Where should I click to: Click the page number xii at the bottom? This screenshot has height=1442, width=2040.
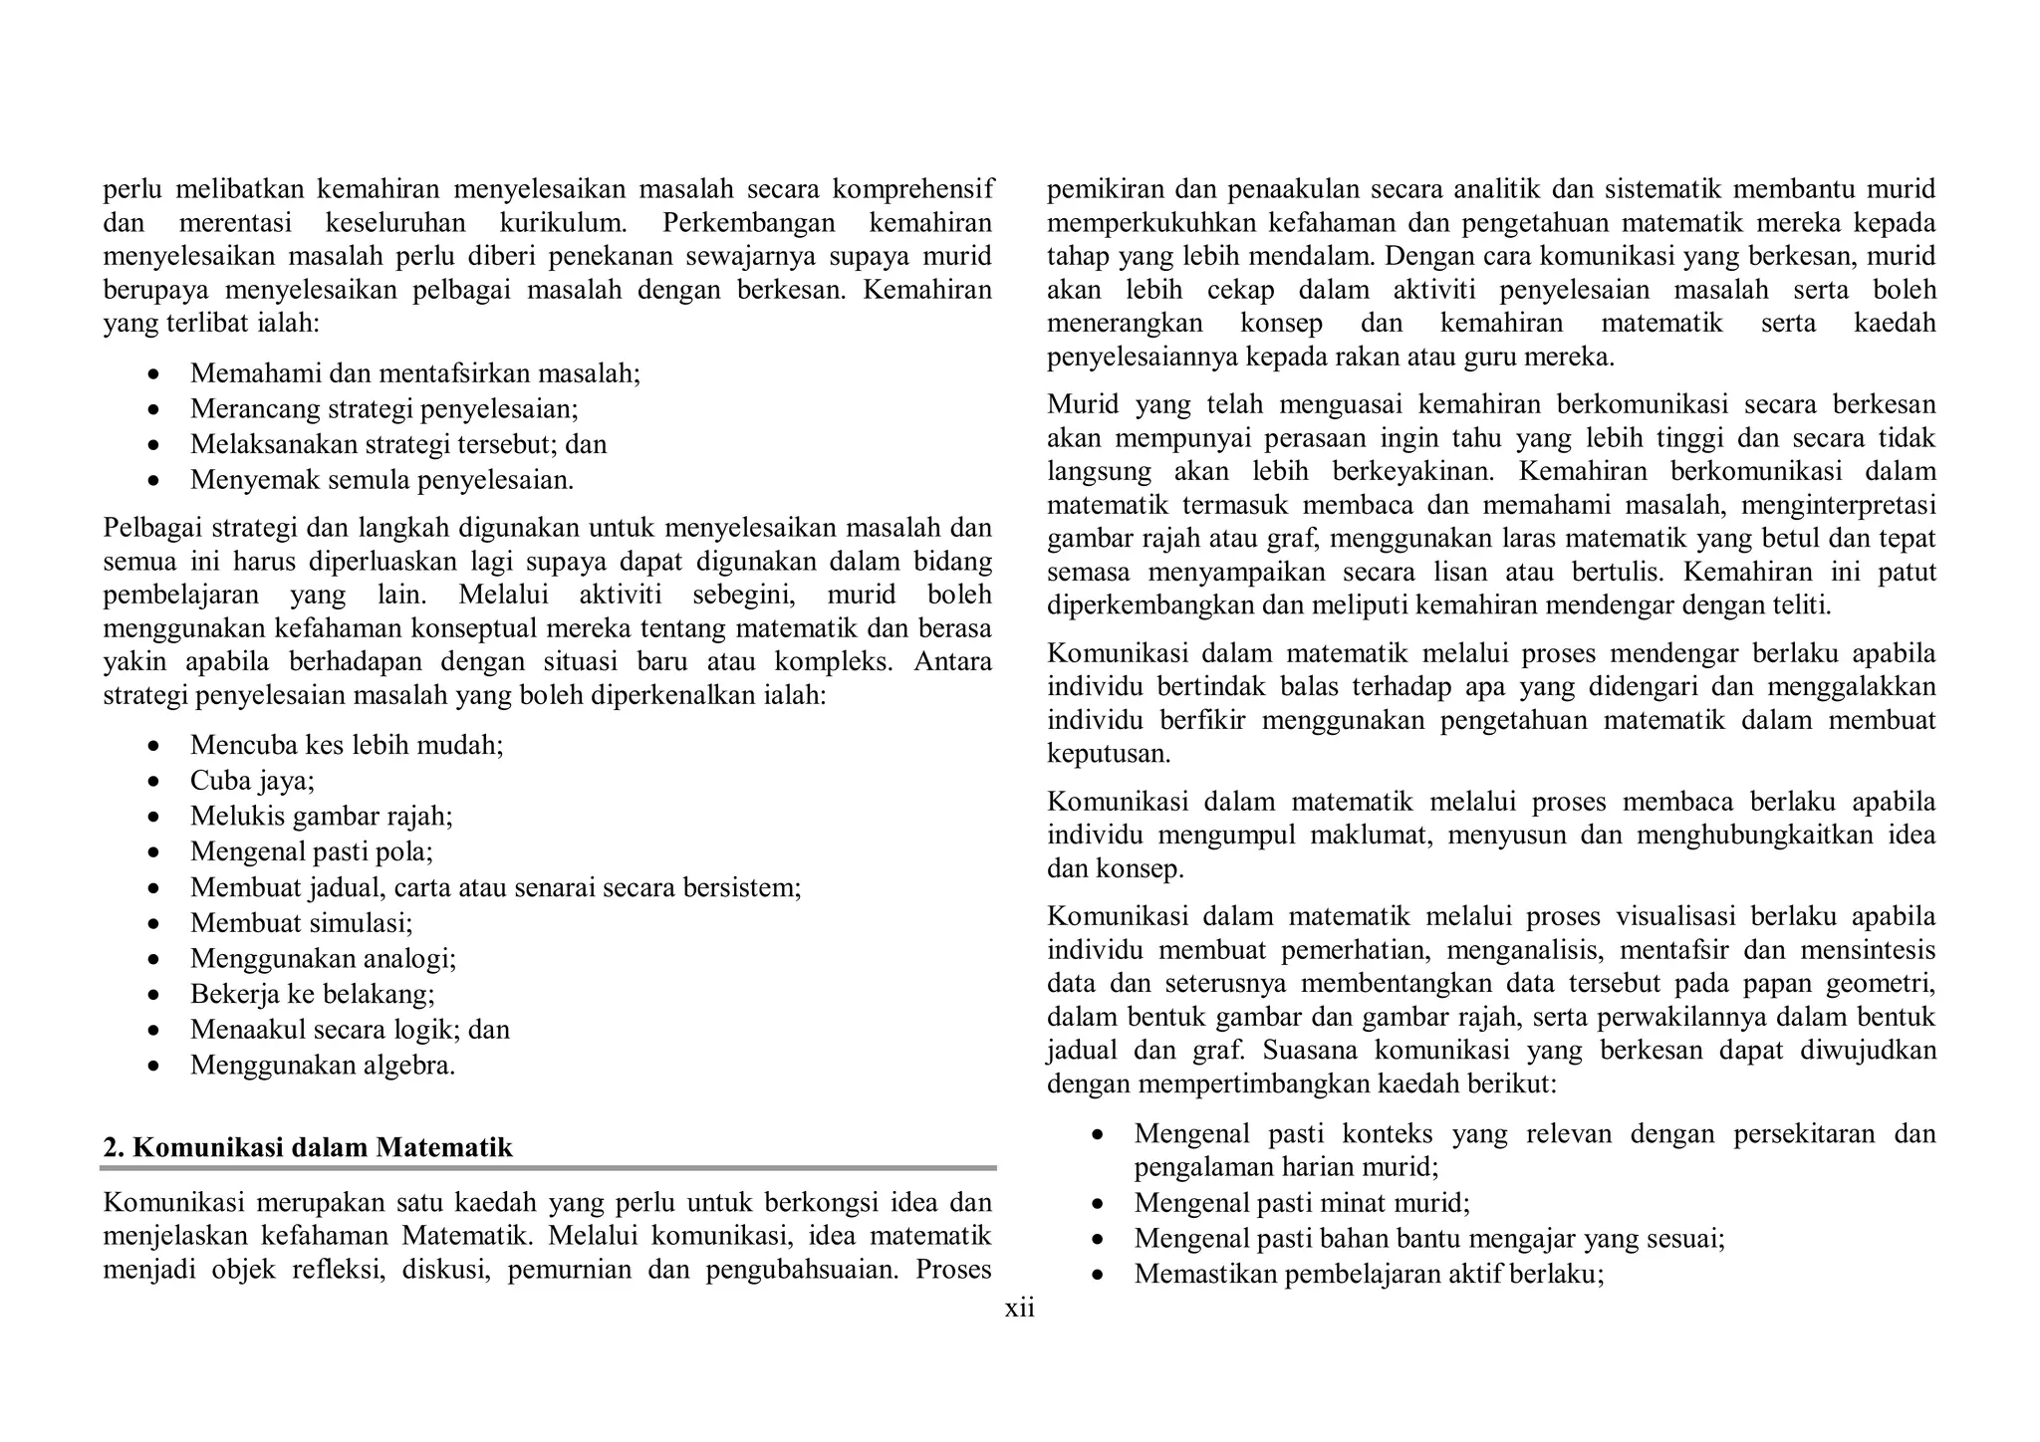coord(1019,1309)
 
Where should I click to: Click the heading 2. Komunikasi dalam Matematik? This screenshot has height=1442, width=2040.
coord(308,1147)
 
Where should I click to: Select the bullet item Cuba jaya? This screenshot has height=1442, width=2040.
coord(252,781)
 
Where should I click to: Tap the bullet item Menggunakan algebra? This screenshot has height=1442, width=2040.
coord(323,1066)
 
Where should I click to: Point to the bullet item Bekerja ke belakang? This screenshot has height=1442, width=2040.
coord(313,994)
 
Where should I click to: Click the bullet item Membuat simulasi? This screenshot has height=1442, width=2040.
coord(301,923)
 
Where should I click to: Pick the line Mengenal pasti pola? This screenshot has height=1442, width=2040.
coord(312,851)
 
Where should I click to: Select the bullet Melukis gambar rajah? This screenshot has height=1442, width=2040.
coord(321,817)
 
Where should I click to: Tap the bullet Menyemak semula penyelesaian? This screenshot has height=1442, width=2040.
coord(382,480)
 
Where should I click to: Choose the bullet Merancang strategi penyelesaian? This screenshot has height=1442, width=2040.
coord(383,409)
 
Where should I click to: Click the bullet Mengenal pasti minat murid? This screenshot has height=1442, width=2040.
coord(1301,1203)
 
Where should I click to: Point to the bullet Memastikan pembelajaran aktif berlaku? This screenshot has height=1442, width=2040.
coord(1369,1274)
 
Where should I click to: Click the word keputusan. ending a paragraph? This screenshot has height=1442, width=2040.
coord(1109,754)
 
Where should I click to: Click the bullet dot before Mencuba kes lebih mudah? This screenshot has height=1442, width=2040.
coord(152,747)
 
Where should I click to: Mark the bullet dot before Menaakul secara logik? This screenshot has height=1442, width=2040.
coord(152,1031)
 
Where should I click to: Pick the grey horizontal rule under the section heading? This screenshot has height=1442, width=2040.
coord(549,1167)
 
